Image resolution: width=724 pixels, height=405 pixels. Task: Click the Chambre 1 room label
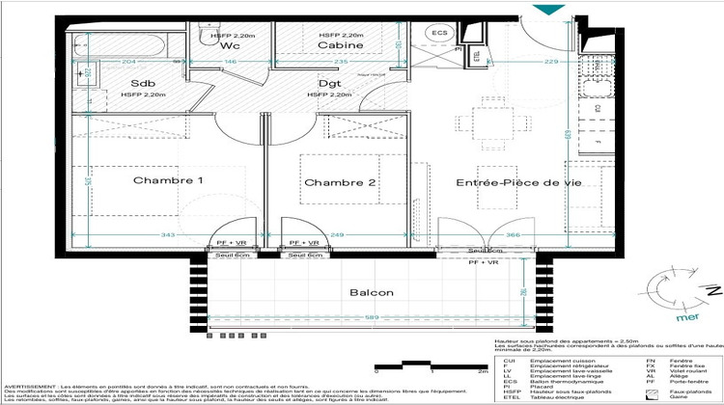168,181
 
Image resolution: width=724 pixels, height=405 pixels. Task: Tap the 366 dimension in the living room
515,234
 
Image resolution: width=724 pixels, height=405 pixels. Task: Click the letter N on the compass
712,289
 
